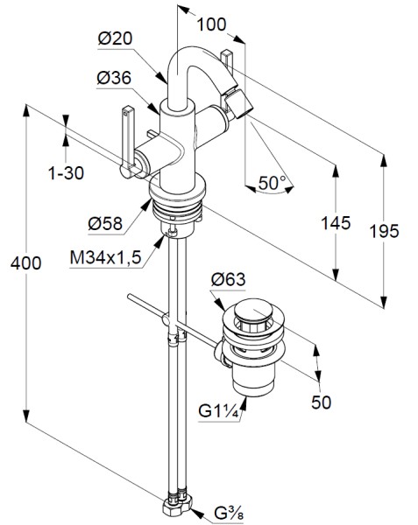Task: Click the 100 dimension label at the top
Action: coord(211,24)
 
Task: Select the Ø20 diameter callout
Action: coord(115,38)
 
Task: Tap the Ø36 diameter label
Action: coord(114,78)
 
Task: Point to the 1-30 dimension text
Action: coord(66,173)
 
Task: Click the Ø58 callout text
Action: coord(105,223)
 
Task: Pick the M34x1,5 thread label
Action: coord(105,257)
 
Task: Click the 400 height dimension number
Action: coord(25,263)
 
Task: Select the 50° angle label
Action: coord(272,183)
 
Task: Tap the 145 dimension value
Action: coord(336,223)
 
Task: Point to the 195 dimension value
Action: coord(384,231)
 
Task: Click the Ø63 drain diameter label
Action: coord(228,279)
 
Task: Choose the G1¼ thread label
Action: coord(219,411)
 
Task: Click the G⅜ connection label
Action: coord(229,514)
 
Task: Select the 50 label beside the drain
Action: coord(321,402)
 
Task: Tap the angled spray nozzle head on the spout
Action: coord(239,105)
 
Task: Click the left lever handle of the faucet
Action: coord(128,142)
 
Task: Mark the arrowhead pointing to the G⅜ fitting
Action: coord(197,514)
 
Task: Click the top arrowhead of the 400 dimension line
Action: coord(25,111)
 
